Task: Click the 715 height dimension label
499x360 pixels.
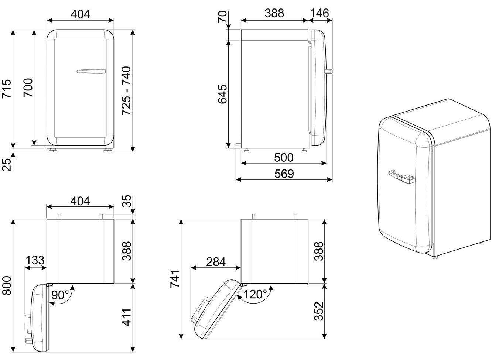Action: point(6,88)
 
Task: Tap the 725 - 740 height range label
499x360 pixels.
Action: point(126,90)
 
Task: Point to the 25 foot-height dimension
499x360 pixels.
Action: point(7,165)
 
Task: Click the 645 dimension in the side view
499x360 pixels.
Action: point(222,94)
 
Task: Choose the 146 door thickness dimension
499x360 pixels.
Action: point(319,13)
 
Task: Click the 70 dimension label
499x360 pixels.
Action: point(222,17)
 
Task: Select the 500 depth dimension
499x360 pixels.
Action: point(284,158)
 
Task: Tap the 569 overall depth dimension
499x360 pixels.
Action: point(284,174)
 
